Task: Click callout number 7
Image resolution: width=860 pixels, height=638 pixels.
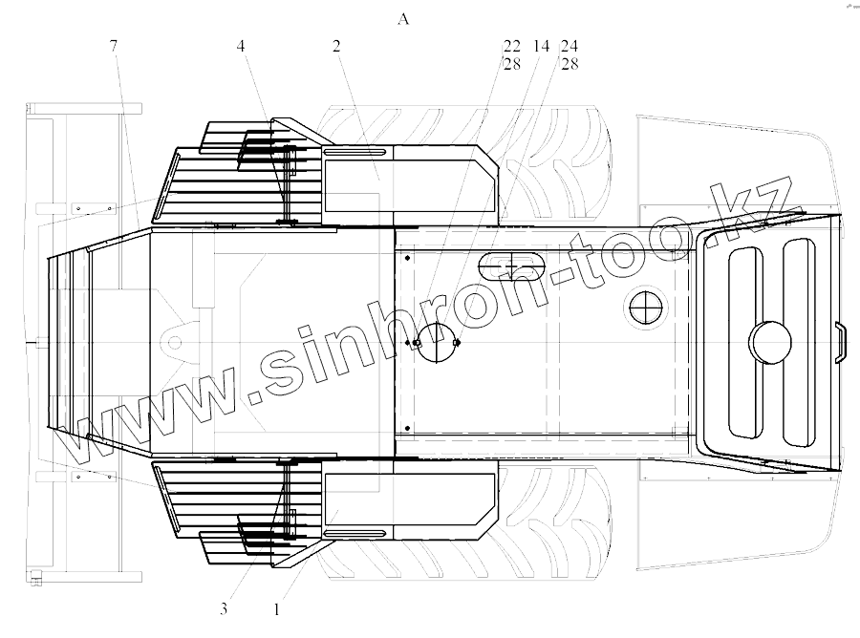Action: tap(114, 46)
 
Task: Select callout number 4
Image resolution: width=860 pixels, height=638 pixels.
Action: tap(241, 46)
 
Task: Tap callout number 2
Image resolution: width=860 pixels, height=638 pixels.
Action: tap(336, 46)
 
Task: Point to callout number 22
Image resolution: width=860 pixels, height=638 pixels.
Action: tap(512, 46)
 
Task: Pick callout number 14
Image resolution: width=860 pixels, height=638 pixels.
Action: tap(541, 46)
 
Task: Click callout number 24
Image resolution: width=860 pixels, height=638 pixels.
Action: tap(570, 46)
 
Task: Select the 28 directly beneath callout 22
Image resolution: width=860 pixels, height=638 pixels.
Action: tap(512, 64)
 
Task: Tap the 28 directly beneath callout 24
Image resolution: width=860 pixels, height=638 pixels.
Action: tap(570, 64)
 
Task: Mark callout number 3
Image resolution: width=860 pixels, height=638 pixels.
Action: tap(224, 609)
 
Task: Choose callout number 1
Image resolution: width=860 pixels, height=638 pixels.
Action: tap(276, 609)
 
